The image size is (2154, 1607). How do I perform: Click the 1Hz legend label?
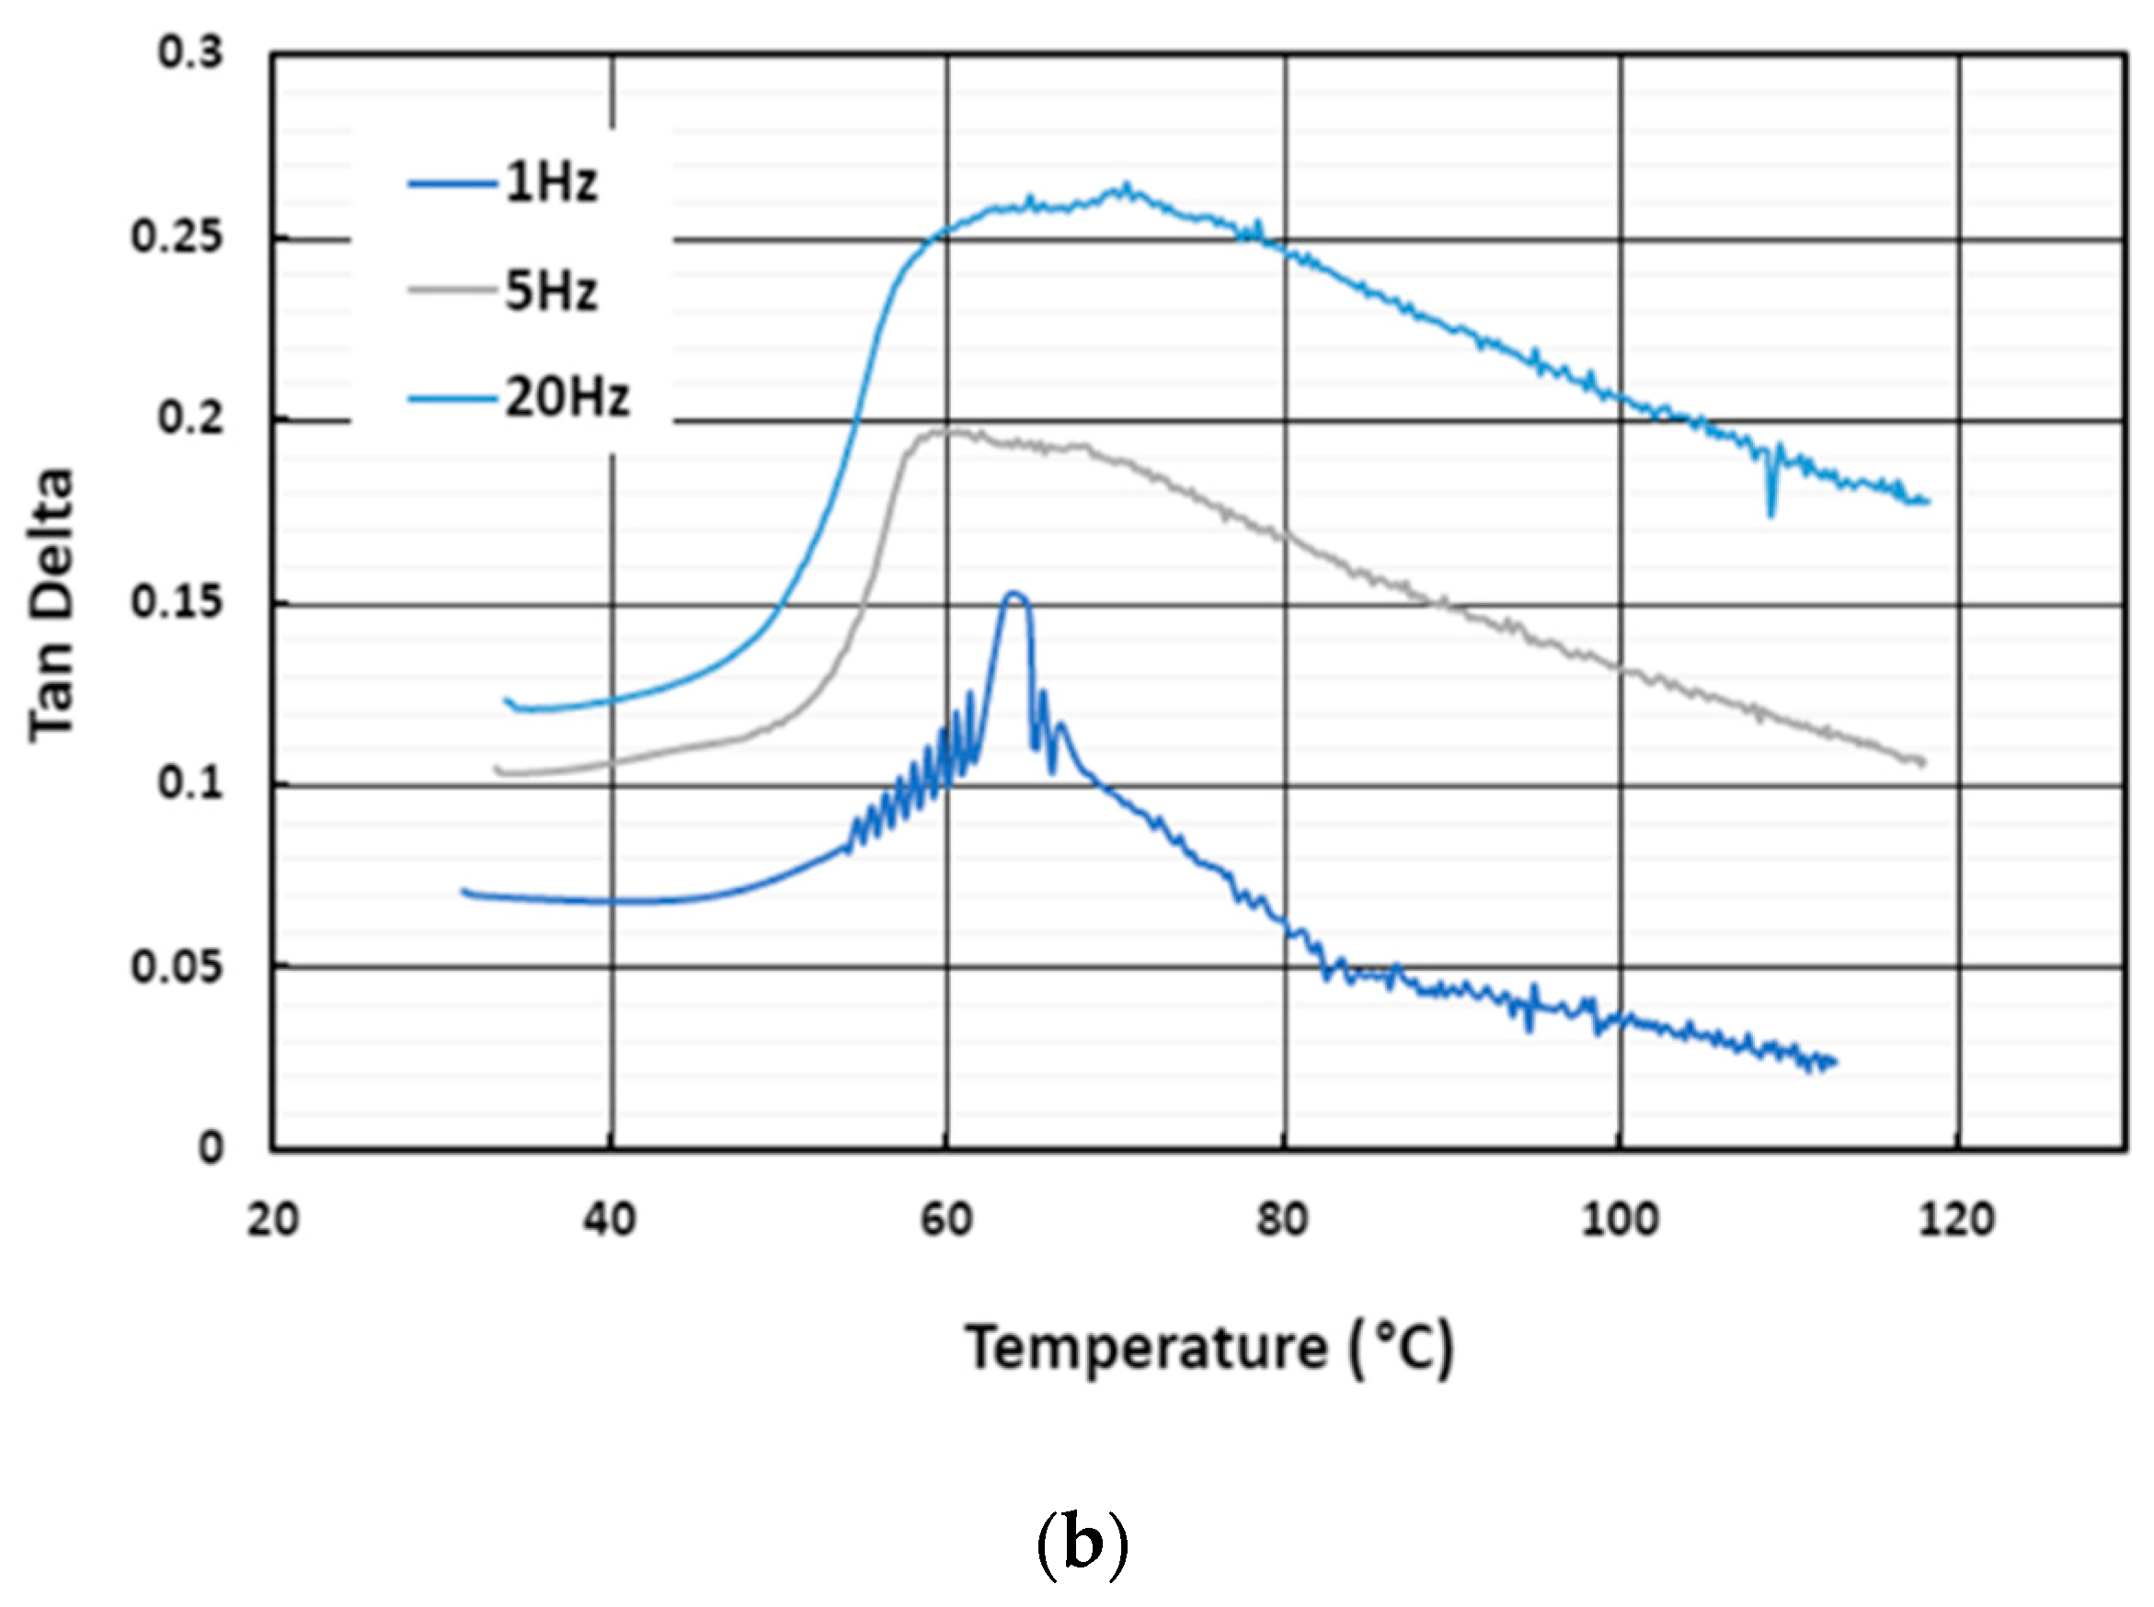pyautogui.click(x=550, y=182)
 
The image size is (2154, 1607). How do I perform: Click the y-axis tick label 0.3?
pyautogui.click(x=190, y=52)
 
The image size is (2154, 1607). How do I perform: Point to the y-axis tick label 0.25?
pyautogui.click(x=178, y=236)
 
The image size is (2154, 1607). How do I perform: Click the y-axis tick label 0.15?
pyautogui.click(x=178, y=602)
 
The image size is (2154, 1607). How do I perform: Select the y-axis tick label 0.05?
pyautogui.click(x=178, y=967)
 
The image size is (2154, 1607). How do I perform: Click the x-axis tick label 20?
pyautogui.click(x=272, y=1220)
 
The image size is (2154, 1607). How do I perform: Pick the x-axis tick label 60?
pyautogui.click(x=946, y=1220)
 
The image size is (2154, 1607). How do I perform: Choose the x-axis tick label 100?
pyautogui.click(x=1619, y=1220)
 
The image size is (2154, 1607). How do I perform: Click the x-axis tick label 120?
pyautogui.click(x=1956, y=1220)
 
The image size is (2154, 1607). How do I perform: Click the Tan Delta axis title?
pyautogui.click(x=51, y=605)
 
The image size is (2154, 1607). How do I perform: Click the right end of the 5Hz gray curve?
pyautogui.click(x=1922, y=762)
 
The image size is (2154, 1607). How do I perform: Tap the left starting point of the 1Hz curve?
pyautogui.click(x=464, y=890)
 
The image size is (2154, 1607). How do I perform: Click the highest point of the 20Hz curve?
pyautogui.click(x=1127, y=185)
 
